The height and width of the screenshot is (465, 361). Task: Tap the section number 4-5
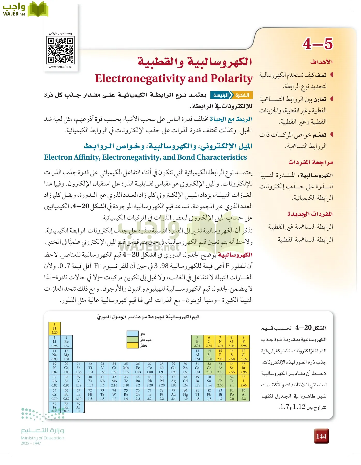tap(318, 44)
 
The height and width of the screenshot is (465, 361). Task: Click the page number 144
tap(321, 436)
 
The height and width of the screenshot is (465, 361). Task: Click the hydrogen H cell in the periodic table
tap(55, 328)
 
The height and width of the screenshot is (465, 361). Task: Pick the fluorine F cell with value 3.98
tap(243, 342)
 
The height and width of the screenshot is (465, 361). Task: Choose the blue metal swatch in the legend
tap(133, 334)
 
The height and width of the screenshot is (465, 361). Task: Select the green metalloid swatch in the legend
tap(133, 340)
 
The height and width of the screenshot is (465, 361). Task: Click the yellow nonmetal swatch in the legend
tap(133, 345)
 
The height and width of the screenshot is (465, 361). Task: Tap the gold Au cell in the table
tap(173, 394)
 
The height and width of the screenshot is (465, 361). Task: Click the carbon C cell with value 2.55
tap(209, 342)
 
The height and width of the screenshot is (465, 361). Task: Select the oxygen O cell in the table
tap(232, 342)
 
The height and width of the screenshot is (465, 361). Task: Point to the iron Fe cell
tap(138, 368)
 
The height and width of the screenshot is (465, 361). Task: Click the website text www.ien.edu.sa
tap(61, 67)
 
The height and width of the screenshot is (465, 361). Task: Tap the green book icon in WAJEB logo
tap(38, 9)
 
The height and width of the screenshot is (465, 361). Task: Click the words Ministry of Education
tap(42, 438)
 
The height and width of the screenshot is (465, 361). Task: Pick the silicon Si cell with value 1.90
tap(209, 355)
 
